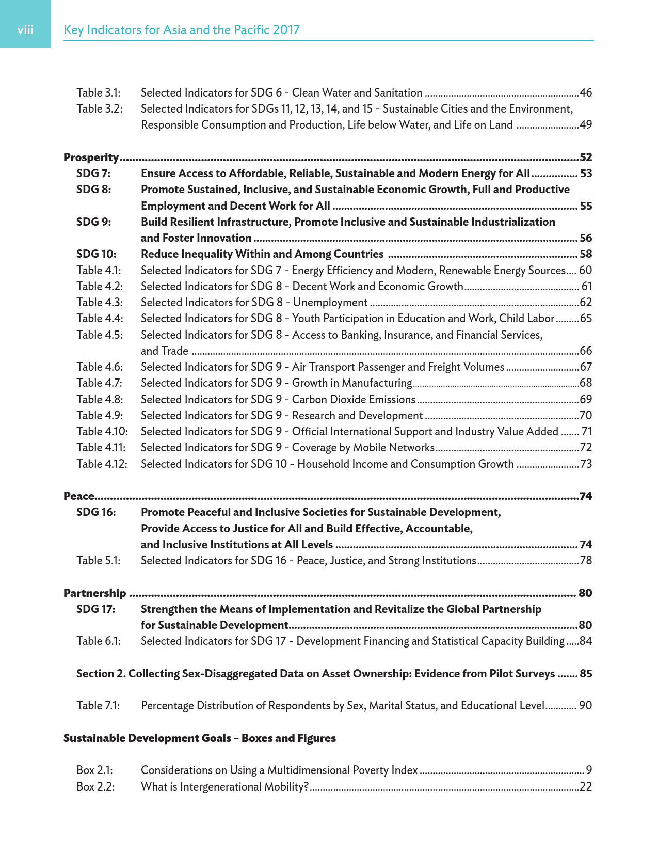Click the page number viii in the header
25,30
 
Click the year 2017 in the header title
286,30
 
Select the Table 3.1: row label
99,93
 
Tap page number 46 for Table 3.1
586,93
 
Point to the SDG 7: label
93,173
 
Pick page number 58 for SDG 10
586,254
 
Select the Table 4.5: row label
100,335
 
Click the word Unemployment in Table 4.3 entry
330,303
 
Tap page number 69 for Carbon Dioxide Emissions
586,400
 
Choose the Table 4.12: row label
102,464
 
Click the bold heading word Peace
78,496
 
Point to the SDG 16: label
96,512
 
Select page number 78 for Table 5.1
586,561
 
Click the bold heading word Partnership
94,593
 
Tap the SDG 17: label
96,609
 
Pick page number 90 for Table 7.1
585,706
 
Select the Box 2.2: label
95,787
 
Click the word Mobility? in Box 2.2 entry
286,787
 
